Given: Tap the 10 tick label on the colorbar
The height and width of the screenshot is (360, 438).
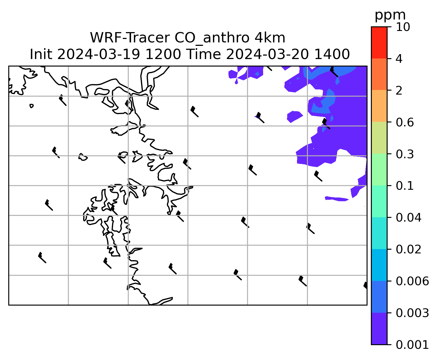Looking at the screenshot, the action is click(403, 27).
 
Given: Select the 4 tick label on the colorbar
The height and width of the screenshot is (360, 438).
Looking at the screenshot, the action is click(399, 59).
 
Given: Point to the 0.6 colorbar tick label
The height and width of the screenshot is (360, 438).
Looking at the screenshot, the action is click(405, 122).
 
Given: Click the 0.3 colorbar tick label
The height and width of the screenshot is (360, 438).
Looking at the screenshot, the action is click(405, 154).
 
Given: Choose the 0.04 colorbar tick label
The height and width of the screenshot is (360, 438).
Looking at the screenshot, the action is click(408, 218).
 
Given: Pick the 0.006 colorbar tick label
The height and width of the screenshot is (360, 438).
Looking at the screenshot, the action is click(412, 281).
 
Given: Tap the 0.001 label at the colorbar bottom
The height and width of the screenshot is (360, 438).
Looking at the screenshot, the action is click(412, 345).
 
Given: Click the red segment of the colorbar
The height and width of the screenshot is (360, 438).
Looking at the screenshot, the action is click(379, 42).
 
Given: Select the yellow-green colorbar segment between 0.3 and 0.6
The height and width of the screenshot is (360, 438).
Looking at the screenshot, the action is click(379, 138).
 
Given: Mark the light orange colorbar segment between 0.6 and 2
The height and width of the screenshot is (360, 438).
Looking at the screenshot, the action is click(379, 106).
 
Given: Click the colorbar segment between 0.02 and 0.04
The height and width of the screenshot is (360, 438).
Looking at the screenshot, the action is click(379, 233).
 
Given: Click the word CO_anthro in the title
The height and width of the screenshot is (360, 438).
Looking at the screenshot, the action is click(212, 38).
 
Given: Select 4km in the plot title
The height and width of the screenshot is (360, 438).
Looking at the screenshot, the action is click(270, 38).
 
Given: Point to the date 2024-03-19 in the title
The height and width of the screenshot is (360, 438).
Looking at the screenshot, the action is click(98, 54).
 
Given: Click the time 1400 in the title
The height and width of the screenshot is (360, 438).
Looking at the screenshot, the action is click(332, 54).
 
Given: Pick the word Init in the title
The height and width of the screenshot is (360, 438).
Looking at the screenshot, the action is click(41, 54).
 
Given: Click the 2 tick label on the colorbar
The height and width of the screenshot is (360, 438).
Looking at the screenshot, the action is click(399, 91).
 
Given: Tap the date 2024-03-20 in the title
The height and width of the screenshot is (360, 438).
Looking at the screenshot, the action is click(267, 54).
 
